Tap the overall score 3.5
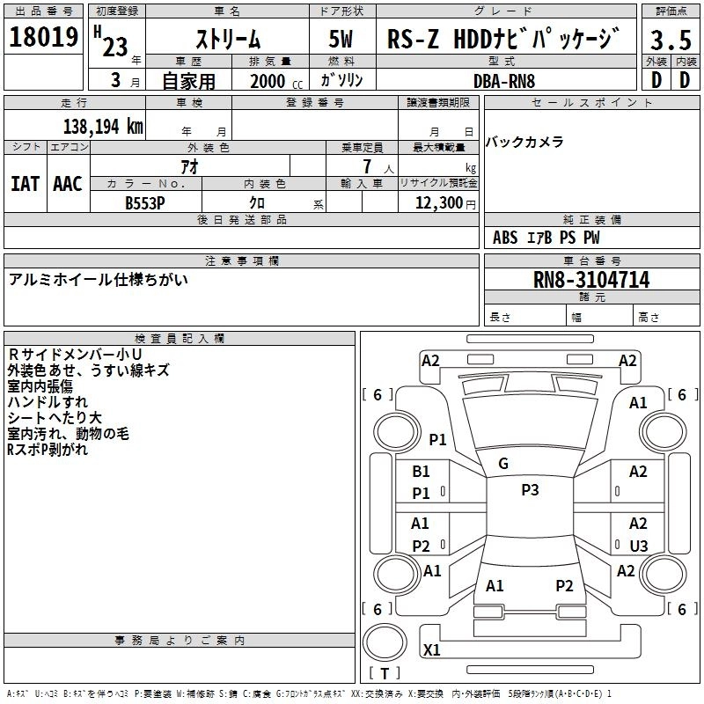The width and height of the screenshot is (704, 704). click(671, 40)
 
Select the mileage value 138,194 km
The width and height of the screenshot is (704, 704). click(102, 126)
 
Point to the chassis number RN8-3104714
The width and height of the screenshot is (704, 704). click(590, 280)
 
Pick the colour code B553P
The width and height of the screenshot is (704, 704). click(146, 202)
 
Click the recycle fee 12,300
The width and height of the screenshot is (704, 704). click(437, 202)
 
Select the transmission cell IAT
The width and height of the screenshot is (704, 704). click(25, 184)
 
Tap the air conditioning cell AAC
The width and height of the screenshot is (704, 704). click(68, 184)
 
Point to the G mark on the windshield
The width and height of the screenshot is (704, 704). click(503, 463)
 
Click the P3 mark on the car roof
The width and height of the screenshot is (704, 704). click(530, 490)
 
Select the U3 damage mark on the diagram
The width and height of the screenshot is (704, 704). click(639, 546)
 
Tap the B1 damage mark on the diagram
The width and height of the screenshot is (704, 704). click(422, 472)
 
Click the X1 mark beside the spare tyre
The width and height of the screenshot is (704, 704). click(432, 650)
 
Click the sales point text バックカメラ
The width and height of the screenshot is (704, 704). click(524, 143)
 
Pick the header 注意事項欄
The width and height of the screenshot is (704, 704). click(241, 261)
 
